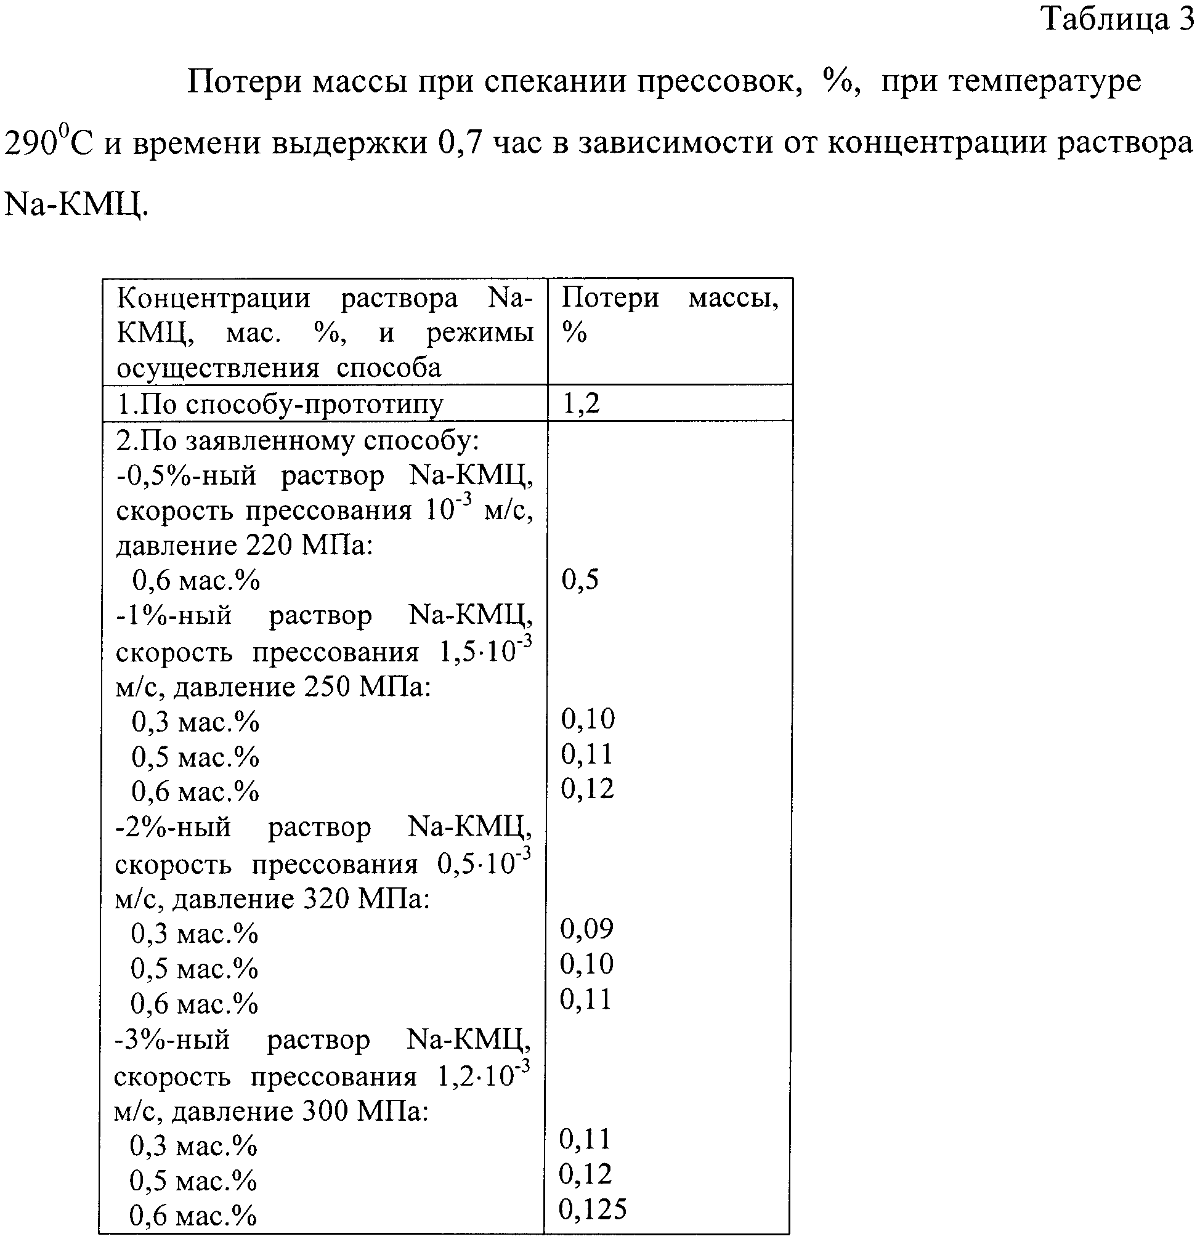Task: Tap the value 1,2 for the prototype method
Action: click(580, 403)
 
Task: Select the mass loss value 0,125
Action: click(593, 1209)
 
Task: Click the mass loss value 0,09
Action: click(586, 929)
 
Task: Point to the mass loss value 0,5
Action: click(580, 579)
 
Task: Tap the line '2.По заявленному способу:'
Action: click(297, 440)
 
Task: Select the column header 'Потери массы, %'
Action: click(670, 313)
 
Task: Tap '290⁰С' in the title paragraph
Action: click(48, 143)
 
